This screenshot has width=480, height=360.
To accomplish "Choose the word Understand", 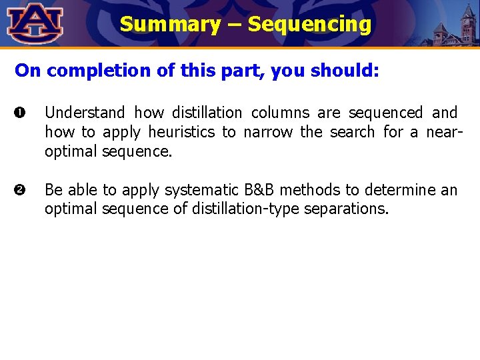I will click(85, 113).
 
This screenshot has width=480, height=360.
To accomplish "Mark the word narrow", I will click(268, 132).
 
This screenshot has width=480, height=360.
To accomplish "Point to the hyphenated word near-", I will click(443, 132).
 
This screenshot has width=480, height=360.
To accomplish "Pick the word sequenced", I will click(386, 113).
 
